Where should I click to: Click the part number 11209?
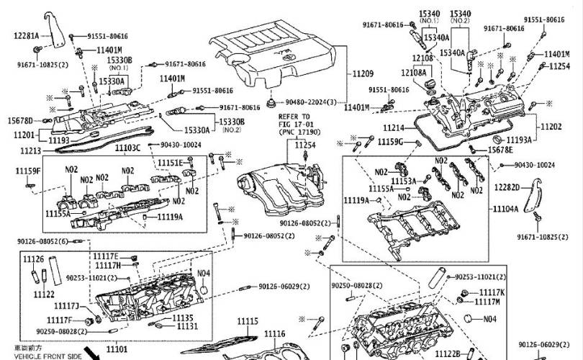[363, 74]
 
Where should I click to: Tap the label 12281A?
[26, 35]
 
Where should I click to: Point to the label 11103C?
[128, 148]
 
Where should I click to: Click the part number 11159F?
[28, 171]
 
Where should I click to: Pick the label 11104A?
[505, 209]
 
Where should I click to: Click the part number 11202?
[551, 127]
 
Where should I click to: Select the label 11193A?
[519, 140]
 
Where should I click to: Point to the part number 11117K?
[492, 292]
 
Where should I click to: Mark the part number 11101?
[117, 349]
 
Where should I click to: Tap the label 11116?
[274, 333]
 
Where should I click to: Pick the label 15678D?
[20, 120]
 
